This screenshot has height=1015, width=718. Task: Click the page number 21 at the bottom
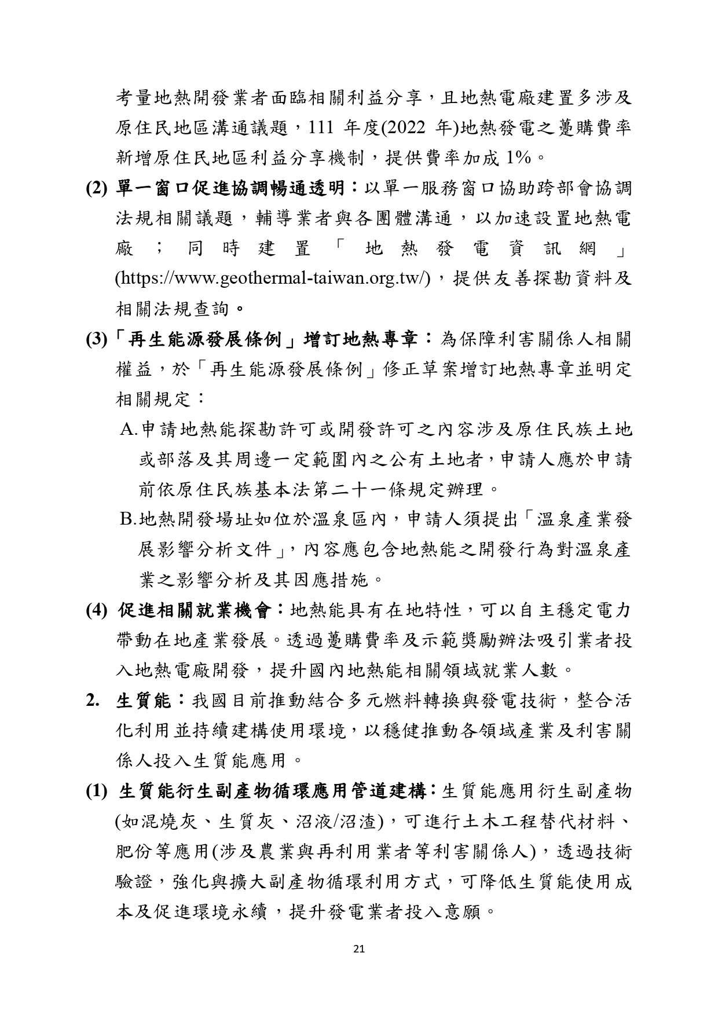click(x=358, y=948)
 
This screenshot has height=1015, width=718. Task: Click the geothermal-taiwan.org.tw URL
click(x=273, y=279)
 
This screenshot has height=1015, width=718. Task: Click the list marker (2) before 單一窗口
click(x=97, y=189)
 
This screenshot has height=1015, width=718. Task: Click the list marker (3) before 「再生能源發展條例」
click(x=97, y=339)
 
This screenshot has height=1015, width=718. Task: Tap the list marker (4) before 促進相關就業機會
click(x=97, y=611)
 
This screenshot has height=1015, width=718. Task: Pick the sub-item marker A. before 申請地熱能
click(x=129, y=430)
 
